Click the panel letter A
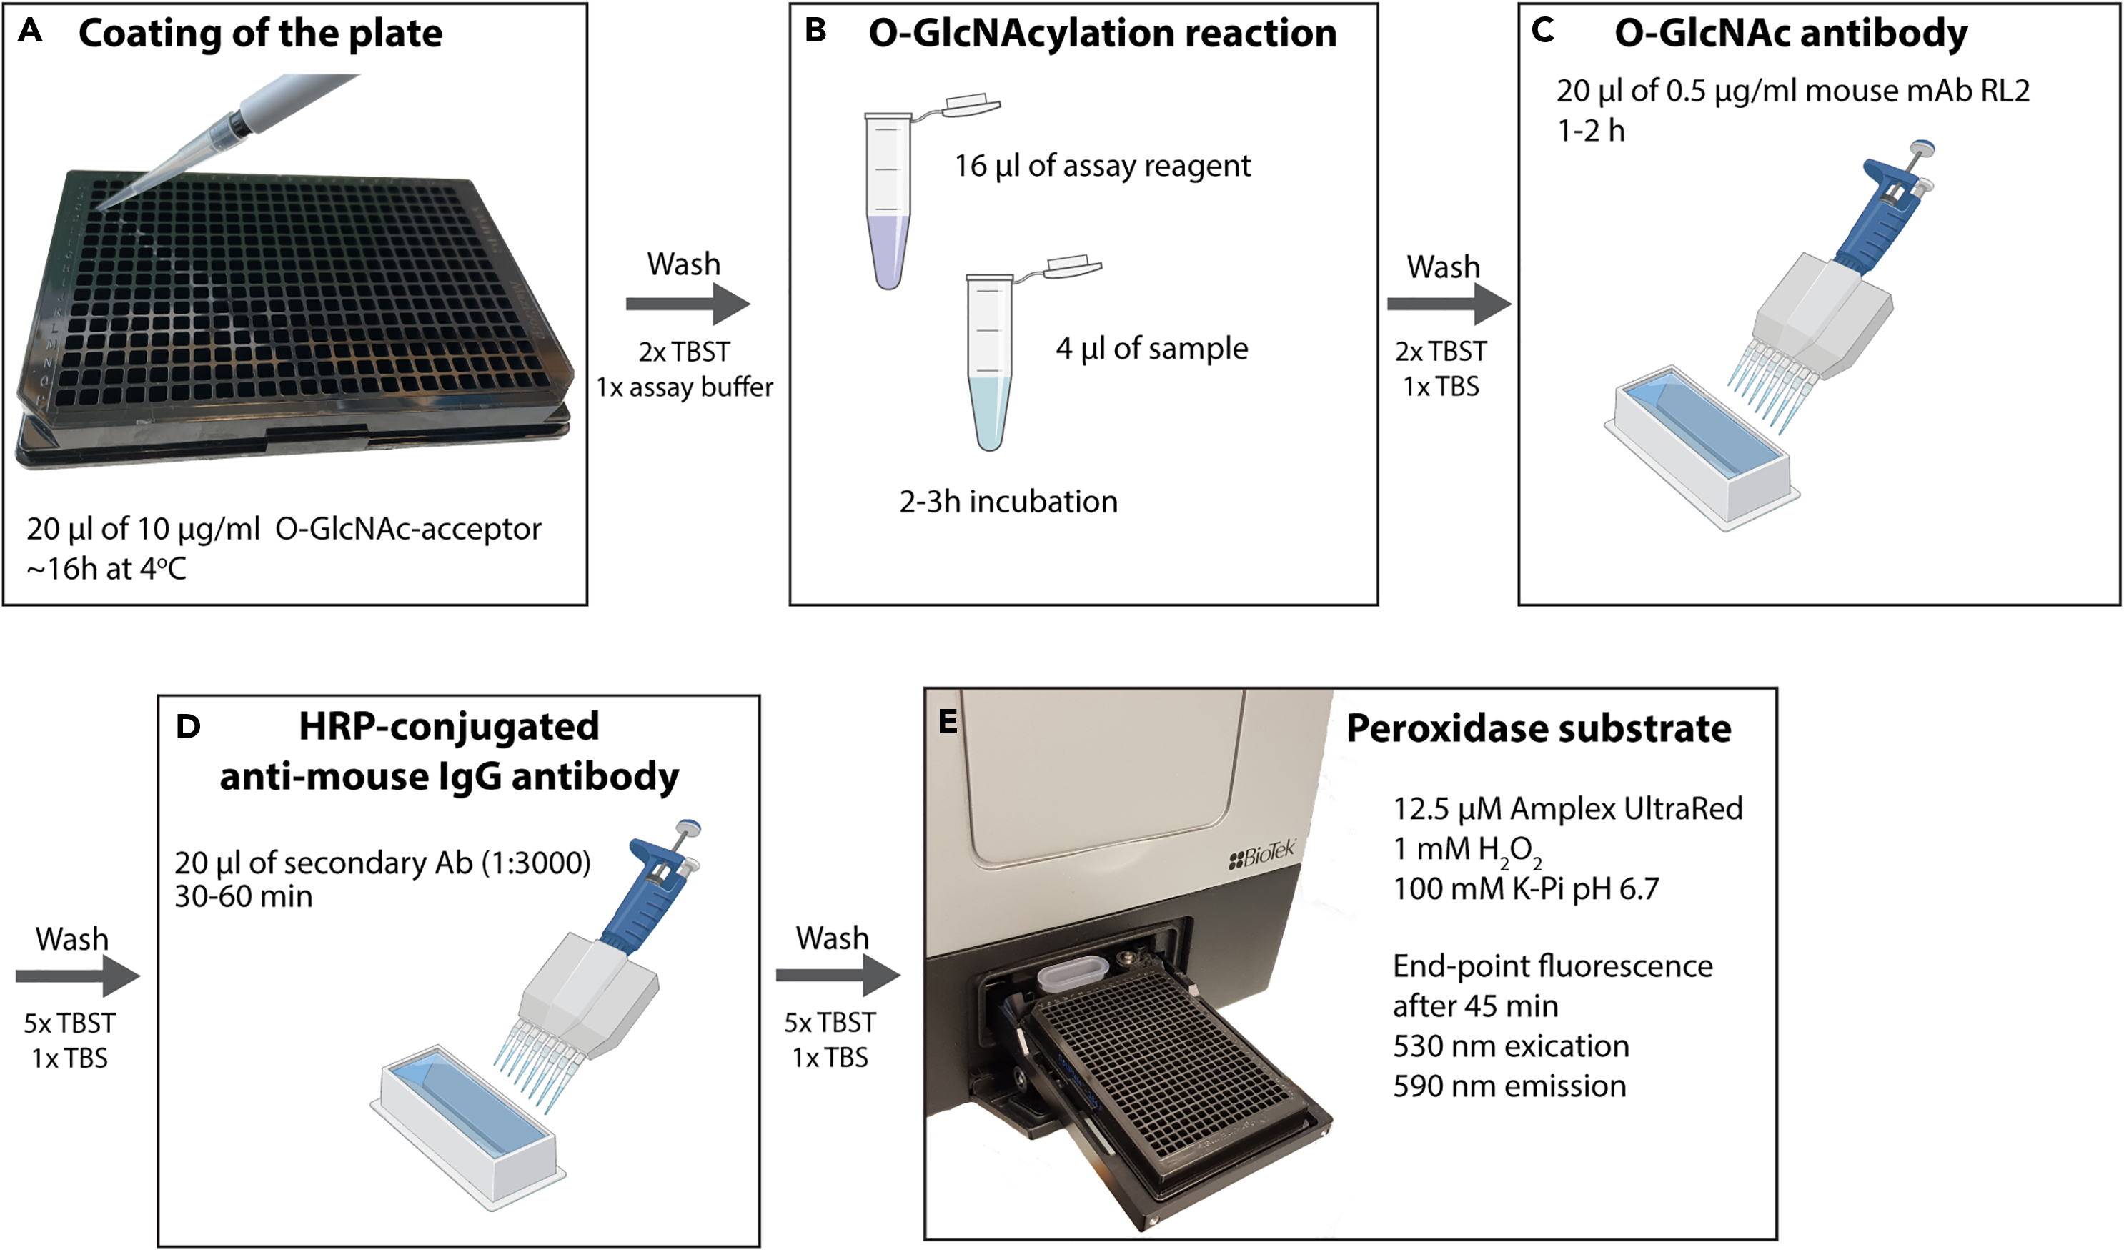coord(30,31)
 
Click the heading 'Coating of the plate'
coord(259,34)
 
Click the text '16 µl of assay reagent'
coord(1101,166)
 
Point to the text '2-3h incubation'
coord(1008,502)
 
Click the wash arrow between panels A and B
coord(688,304)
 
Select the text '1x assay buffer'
coord(685,387)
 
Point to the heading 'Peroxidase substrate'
coord(1538,728)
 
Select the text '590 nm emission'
coord(1509,1086)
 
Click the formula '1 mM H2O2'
coord(1467,850)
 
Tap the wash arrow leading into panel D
coord(78,976)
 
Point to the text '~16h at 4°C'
coord(106,569)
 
